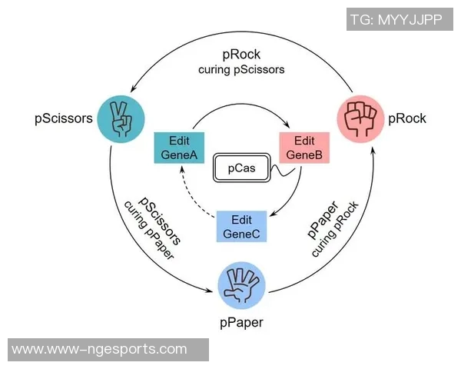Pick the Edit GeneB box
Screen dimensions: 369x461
[304, 148]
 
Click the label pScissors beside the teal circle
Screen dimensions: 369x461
[64, 118]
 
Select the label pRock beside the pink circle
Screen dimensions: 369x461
[407, 118]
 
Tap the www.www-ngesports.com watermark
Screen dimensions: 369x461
[100, 350]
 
